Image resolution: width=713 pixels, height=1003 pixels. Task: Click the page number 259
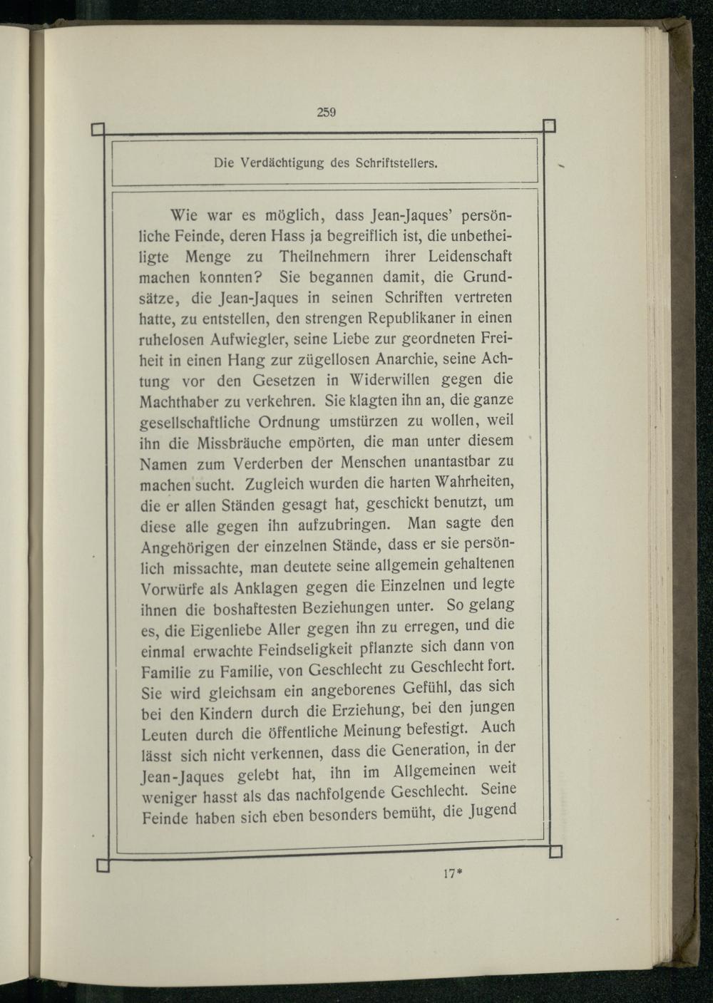click(x=326, y=111)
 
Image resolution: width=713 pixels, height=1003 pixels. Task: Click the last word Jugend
click(x=492, y=810)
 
